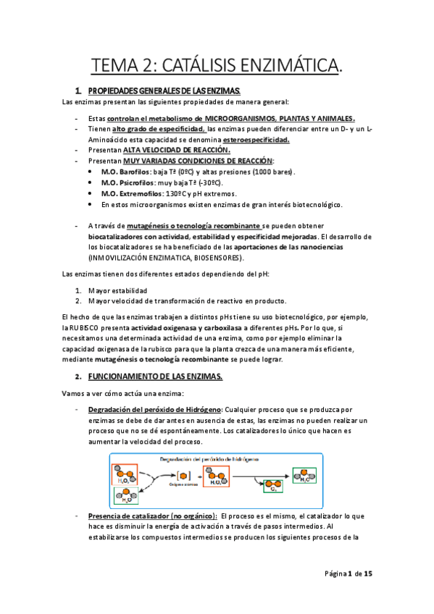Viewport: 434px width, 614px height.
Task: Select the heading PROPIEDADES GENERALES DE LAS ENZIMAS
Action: click(164, 91)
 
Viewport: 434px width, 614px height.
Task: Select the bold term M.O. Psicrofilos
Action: click(129, 183)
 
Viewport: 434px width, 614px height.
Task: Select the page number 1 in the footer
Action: click(349, 574)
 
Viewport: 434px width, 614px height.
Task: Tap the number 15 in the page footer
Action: click(368, 574)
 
